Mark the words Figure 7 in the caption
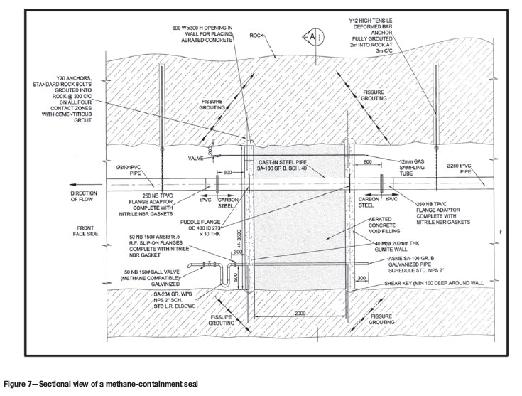[x=19, y=382]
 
